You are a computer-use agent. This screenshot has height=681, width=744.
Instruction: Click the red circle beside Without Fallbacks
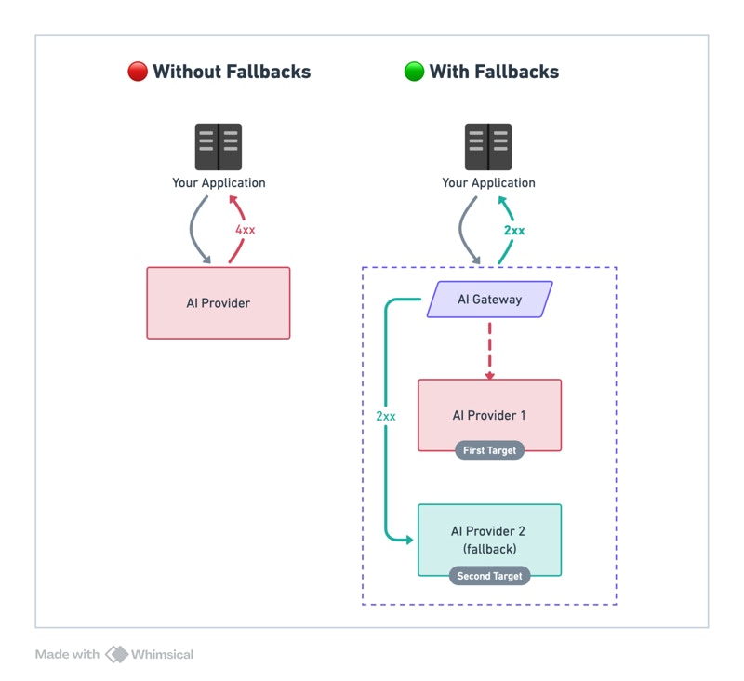pos(138,72)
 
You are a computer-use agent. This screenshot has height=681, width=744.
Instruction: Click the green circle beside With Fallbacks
pos(414,72)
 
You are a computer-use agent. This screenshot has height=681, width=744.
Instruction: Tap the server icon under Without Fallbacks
pos(219,147)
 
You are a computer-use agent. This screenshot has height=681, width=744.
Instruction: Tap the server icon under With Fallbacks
pos(488,147)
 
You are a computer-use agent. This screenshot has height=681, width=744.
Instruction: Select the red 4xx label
pos(245,229)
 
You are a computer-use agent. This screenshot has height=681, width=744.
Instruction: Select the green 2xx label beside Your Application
pos(514,230)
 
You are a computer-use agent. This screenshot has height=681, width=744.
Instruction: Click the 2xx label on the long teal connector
pos(386,416)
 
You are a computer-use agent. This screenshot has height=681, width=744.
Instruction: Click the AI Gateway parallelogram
pos(489,300)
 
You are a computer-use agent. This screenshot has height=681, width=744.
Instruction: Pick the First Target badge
pos(489,450)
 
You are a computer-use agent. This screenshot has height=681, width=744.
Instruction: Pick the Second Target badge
pos(489,576)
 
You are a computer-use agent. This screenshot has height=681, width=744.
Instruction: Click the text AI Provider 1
pos(489,415)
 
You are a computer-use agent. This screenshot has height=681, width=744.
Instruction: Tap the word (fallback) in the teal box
pos(489,549)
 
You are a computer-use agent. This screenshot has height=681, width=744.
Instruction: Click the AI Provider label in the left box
pos(219,302)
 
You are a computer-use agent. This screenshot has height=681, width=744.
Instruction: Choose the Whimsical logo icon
pos(116,654)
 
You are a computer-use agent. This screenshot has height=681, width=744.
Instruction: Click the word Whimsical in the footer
pos(163,654)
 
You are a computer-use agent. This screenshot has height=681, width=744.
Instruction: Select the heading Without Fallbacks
pos(232,72)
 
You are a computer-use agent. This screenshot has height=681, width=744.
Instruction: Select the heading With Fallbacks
pos(494,72)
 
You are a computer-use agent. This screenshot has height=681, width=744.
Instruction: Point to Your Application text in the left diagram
pos(219,182)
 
